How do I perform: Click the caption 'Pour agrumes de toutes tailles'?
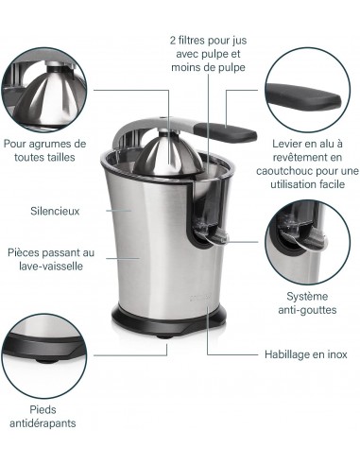tap(43, 151)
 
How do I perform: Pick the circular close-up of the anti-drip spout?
tap(303, 243)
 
